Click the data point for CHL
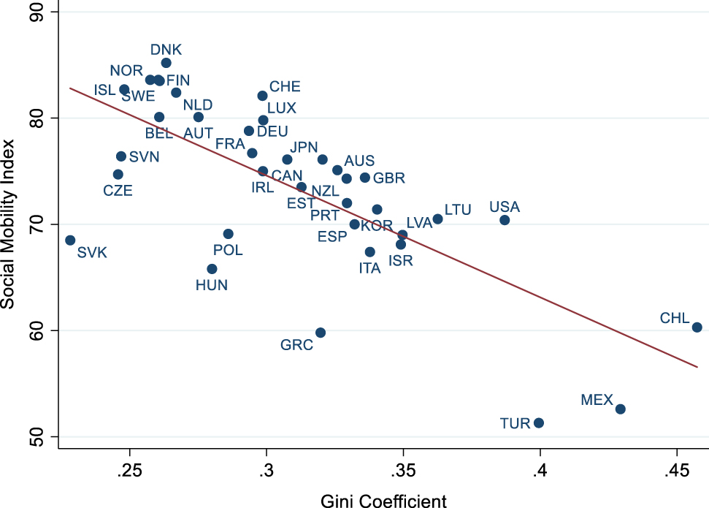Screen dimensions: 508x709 [697, 327]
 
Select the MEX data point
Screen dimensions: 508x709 [620, 409]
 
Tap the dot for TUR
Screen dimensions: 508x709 [539, 422]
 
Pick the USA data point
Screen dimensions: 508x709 [505, 220]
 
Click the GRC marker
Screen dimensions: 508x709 [320, 333]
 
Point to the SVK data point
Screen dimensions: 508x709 [70, 240]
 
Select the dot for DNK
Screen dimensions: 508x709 [166, 63]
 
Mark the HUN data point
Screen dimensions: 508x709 [212, 269]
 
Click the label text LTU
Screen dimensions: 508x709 [458, 210]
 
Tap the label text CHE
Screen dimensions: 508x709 [285, 87]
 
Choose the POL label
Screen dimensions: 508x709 [228, 251]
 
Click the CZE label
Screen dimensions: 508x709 [118, 191]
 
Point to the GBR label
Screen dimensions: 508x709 [388, 178]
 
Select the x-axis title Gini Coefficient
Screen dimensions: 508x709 [383, 499]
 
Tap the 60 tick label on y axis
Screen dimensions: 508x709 [34, 330]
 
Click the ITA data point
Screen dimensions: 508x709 [369, 252]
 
